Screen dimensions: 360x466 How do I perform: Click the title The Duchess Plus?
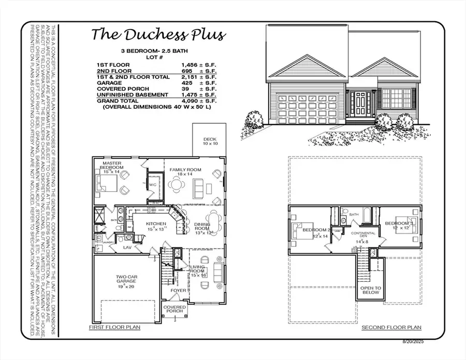(158, 35)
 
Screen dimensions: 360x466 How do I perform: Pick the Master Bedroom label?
(113, 165)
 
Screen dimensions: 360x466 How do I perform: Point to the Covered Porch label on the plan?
(175, 309)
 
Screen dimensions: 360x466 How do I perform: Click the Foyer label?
(178, 291)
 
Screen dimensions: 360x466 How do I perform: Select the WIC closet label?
(153, 184)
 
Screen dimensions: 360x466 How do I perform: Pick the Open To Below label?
(371, 290)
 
